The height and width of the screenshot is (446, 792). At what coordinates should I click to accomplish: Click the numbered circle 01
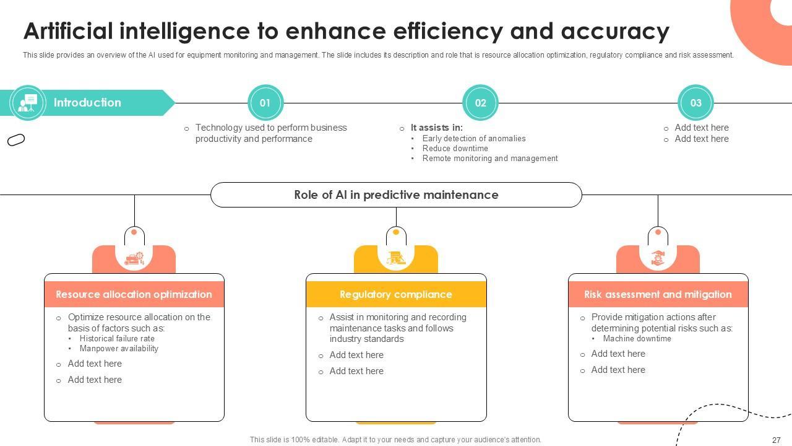[x=265, y=103]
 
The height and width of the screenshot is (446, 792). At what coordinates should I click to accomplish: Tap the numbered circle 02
[x=480, y=103]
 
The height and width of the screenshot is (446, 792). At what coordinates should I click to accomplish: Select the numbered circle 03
[x=695, y=103]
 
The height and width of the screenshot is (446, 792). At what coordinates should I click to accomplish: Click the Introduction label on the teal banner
[x=87, y=103]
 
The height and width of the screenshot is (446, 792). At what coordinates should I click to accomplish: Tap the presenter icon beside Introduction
[x=28, y=103]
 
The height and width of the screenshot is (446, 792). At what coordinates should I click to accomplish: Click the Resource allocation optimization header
[x=134, y=294]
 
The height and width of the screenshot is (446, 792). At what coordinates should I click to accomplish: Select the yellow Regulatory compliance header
[x=396, y=294]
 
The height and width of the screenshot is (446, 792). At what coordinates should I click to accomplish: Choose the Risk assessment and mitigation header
[x=658, y=294]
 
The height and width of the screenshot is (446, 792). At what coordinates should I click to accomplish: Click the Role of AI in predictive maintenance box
[x=396, y=195]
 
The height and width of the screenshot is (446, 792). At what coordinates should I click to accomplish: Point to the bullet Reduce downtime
[x=455, y=149]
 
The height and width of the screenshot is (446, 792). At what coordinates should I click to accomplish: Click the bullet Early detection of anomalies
[x=473, y=139]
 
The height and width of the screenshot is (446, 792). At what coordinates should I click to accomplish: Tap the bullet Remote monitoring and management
[x=489, y=159]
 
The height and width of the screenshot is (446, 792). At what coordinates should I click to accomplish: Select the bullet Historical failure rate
[x=117, y=339]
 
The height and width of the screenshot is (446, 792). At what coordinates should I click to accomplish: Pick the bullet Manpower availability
[x=119, y=349]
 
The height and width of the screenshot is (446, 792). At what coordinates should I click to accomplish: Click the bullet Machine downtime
[x=637, y=339]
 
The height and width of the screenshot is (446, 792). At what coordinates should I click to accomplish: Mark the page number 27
[x=776, y=440]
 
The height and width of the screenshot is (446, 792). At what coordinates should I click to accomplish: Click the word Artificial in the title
[x=68, y=31]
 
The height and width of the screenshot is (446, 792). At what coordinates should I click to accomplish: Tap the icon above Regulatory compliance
[x=396, y=258]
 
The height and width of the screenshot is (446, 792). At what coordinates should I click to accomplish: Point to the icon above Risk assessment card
[x=658, y=258]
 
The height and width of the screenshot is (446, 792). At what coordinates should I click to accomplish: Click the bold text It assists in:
[x=436, y=128]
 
